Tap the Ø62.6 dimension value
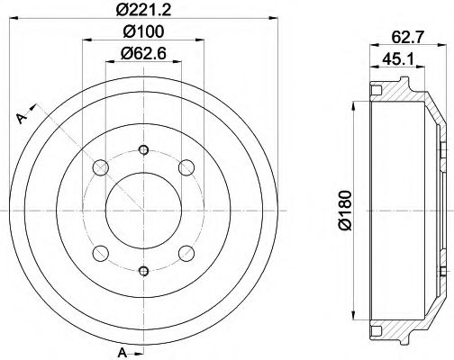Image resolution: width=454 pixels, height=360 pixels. [x=145, y=54]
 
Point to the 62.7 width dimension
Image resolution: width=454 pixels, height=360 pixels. [x=405, y=38]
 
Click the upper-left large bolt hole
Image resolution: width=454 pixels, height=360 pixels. [x=101, y=167]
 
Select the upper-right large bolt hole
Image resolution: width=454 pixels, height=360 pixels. [x=187, y=167]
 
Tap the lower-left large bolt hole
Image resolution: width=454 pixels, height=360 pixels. [x=101, y=253]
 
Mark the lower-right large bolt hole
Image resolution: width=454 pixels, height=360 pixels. [x=187, y=253]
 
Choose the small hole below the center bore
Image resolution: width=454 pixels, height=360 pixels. [x=144, y=269]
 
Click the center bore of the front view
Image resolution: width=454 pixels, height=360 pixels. [x=144, y=210]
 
